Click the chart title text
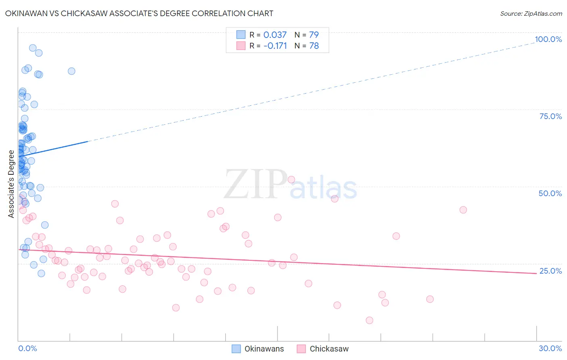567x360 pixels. (x=139, y=13)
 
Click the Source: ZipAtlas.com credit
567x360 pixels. (x=531, y=13)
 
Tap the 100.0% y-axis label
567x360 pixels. (x=548, y=39)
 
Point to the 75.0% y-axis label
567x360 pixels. (x=550, y=116)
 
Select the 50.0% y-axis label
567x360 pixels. (x=550, y=193)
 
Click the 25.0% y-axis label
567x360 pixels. (x=550, y=271)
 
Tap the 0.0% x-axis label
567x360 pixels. (x=27, y=348)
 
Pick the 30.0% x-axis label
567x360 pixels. (x=550, y=348)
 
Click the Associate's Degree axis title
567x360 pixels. (x=11, y=184)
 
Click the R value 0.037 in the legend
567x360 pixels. (x=275, y=35)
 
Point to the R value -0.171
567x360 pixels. (x=275, y=46)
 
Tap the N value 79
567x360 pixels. (x=314, y=35)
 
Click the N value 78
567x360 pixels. (x=314, y=46)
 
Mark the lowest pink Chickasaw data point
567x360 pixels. (x=369, y=320)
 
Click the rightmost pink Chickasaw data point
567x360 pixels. (x=463, y=210)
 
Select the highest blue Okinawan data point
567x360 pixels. (x=33, y=48)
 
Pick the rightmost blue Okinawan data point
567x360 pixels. (x=71, y=71)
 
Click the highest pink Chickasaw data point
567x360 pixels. (x=291, y=180)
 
